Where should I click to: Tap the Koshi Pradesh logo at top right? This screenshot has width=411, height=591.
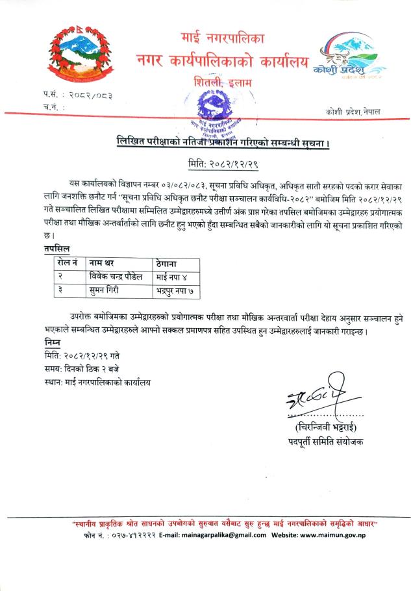point(348,62)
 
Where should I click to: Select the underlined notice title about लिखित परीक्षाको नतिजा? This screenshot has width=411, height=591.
point(223,140)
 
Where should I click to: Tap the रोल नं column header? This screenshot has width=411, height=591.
point(67,263)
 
